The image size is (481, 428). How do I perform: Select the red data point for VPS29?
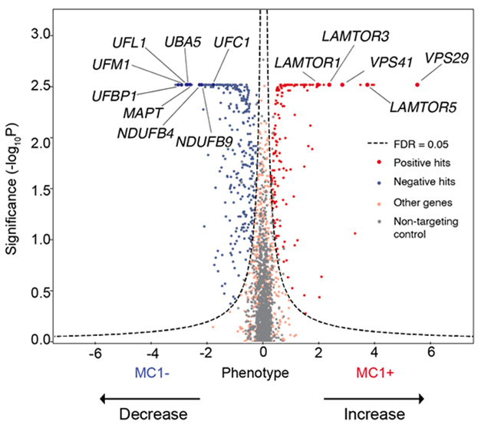click(x=418, y=84)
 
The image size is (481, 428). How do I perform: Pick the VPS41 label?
click(x=388, y=61)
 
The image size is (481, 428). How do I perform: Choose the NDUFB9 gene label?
click(x=201, y=140)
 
